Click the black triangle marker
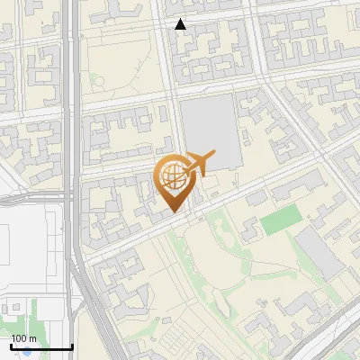click(181, 24)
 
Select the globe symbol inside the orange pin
click(173, 177)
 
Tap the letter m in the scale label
click(33, 338)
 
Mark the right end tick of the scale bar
click(71, 346)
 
